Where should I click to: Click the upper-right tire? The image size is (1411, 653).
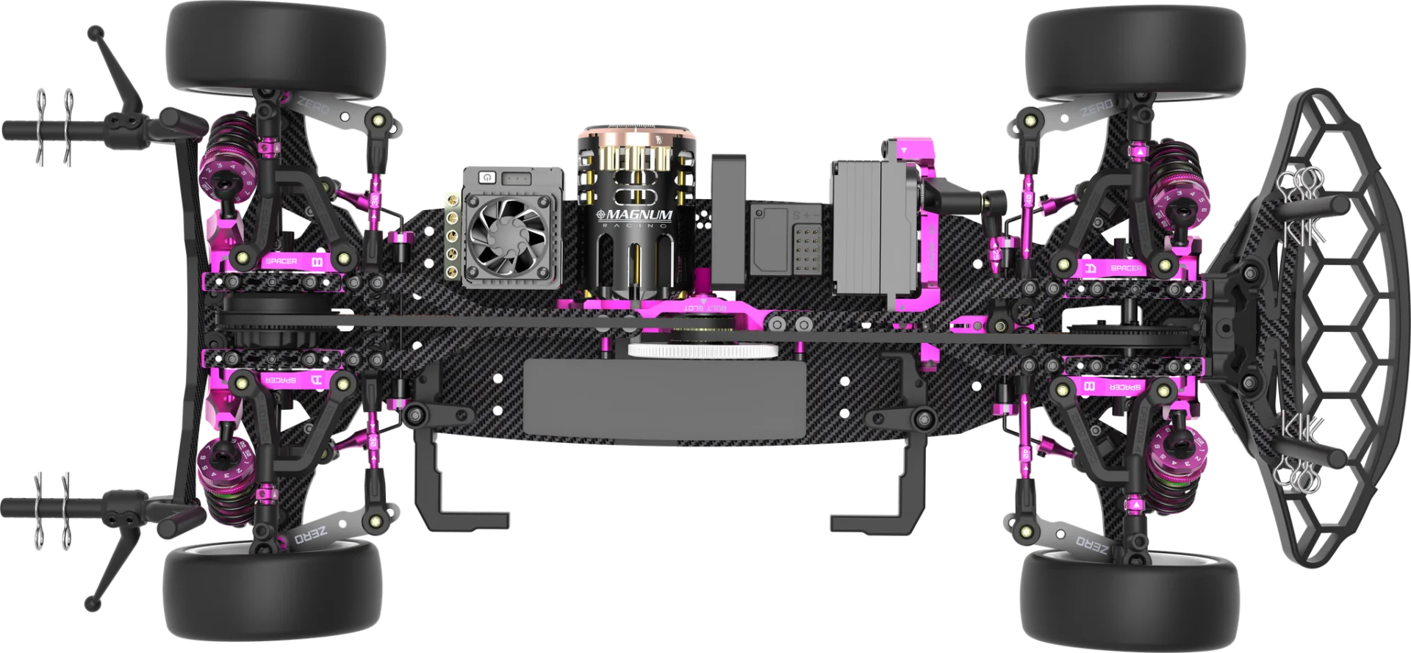pyautogui.click(x=1135, y=52)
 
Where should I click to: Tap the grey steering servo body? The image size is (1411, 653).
pyautogui.click(x=868, y=227)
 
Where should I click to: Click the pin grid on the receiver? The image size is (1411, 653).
pyautogui.click(x=806, y=246)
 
